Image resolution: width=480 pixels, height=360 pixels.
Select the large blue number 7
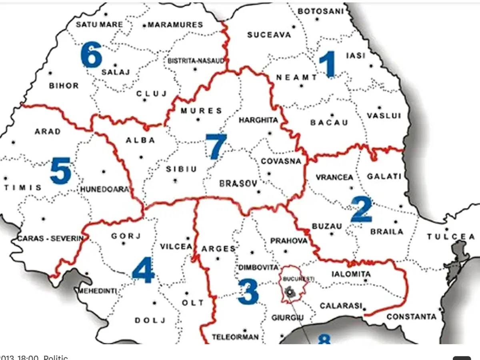point(216,146)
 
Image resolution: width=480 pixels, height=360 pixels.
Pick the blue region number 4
point(143,271)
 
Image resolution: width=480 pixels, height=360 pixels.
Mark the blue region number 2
point(361,209)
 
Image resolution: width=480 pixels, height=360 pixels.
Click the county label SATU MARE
point(99,24)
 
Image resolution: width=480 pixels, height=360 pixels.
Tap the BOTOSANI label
point(321,11)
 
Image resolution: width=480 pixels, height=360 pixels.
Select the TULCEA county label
point(451,237)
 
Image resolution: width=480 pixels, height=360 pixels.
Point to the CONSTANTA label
point(411,317)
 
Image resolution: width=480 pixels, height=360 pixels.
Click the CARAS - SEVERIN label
point(50,239)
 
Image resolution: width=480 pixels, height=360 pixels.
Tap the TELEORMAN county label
point(235,337)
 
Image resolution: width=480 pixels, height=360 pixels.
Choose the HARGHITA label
point(258,120)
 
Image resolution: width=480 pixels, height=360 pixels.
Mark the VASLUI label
point(384,116)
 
